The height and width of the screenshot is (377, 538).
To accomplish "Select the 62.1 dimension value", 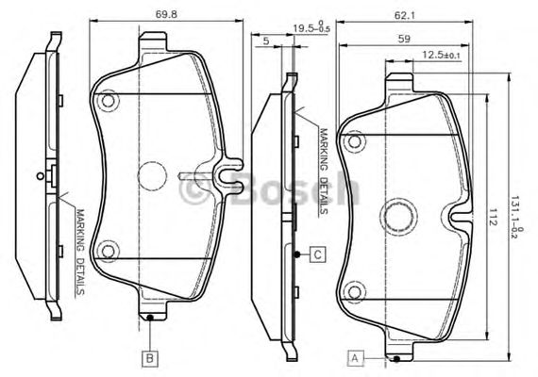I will point(408,12).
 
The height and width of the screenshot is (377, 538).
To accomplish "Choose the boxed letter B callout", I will point(149,357).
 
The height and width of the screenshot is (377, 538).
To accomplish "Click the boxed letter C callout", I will point(318,254).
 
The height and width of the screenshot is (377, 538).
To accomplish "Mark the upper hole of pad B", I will point(109,100).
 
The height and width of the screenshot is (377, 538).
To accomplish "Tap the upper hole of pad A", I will point(356,141).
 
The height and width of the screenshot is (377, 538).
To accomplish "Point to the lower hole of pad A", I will point(356,290).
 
